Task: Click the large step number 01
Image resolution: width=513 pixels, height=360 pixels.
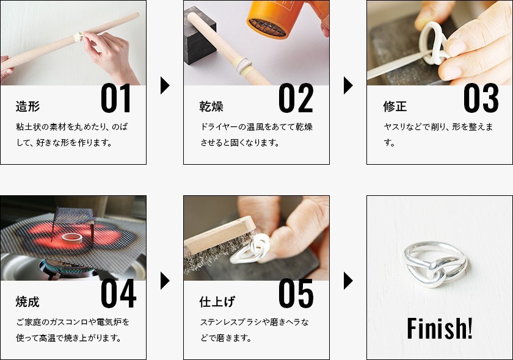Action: coord(115,98)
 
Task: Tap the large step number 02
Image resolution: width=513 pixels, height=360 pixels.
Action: coord(296,98)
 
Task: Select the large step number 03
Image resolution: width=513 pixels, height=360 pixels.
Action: coord(481,98)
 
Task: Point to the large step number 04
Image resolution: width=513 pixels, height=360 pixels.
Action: coord(118,293)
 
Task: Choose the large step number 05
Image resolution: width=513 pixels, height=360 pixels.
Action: coord(296,293)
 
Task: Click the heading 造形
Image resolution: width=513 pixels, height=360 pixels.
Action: coord(28,106)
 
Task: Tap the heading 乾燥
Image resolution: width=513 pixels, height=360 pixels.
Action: coord(211,106)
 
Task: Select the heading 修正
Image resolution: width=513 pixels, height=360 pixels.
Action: coord(395,106)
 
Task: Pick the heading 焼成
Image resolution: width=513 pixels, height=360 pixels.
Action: coord(28,301)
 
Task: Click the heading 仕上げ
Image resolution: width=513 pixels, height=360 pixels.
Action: coord(217,301)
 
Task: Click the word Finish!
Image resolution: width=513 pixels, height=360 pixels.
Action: coord(440,328)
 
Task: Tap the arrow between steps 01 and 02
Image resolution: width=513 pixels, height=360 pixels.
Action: coord(165,85)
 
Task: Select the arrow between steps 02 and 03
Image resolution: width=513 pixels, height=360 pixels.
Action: coord(348,85)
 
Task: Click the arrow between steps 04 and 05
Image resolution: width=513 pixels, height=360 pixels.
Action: coord(165,281)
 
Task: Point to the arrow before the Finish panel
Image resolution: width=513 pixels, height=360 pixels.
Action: coord(348,281)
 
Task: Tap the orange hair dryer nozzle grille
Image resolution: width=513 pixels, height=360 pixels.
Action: coord(267,27)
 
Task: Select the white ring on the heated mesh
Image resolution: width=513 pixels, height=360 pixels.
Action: coord(72,238)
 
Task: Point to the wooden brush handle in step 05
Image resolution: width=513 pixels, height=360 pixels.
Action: coord(219,236)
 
